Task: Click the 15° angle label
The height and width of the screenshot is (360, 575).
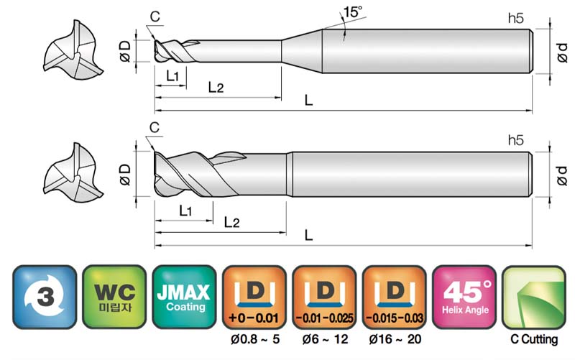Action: click(352, 11)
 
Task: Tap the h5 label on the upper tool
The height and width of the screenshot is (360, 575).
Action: click(515, 19)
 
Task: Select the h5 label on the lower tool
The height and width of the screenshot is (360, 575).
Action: click(515, 140)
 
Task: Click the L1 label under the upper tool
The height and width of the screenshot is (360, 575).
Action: click(172, 76)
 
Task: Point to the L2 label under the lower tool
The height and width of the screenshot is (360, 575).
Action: click(231, 222)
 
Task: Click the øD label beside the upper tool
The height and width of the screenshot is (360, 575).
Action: click(125, 51)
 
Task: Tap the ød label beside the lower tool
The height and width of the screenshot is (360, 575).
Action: click(561, 175)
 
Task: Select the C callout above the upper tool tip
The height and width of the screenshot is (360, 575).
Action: click(155, 17)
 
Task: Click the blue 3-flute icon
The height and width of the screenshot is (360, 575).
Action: click(45, 297)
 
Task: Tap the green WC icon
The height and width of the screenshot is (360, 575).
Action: click(114, 297)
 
